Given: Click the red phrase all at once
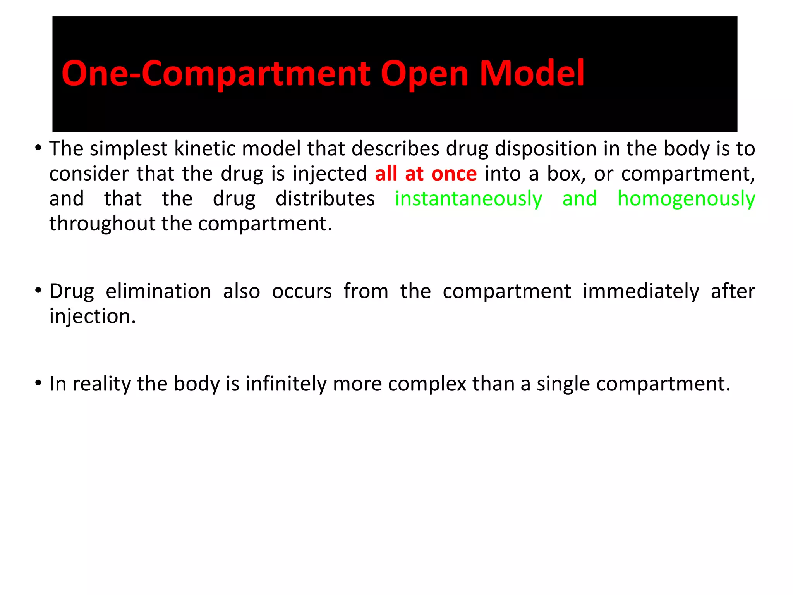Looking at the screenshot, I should [x=426, y=174].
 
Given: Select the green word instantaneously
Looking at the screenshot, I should [x=468, y=199].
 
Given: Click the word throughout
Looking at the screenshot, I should [x=102, y=224].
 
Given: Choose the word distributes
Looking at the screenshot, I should [x=325, y=199].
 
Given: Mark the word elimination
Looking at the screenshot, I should [x=158, y=291].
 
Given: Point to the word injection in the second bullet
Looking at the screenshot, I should [x=93, y=317].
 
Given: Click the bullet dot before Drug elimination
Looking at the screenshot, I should [x=38, y=291].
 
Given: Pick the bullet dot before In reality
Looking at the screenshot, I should [x=38, y=383].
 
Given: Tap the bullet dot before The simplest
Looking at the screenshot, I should [x=38, y=148].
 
